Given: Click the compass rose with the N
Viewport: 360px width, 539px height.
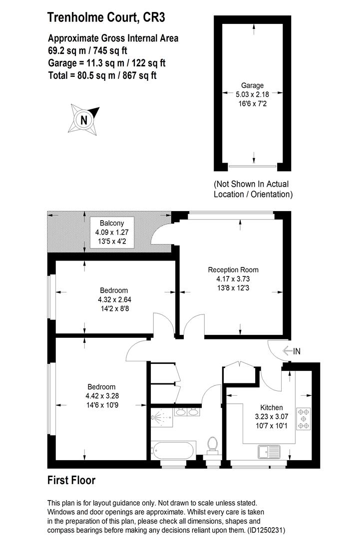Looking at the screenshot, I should [83, 119].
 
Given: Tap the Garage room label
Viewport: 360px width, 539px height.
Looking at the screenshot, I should [253, 85].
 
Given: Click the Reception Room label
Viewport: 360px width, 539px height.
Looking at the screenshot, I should [233, 270].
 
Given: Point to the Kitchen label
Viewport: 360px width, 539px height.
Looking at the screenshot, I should [271, 407].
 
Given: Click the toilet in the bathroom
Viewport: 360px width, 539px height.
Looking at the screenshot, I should [213, 444].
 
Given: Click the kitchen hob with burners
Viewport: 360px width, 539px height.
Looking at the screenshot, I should [303, 419].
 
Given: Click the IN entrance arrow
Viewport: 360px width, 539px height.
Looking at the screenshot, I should [291, 351].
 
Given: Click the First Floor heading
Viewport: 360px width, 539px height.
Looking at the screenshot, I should [71, 481].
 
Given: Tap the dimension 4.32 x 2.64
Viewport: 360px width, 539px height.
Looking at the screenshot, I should [114, 299].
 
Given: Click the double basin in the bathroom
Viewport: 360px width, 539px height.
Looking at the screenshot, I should [188, 412].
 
